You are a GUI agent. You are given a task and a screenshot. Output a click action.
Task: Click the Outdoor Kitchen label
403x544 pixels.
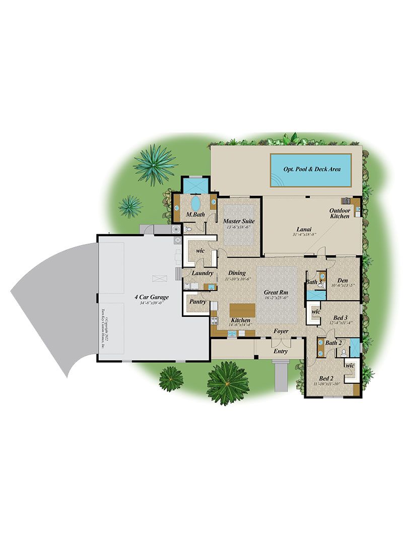click(x=340, y=213)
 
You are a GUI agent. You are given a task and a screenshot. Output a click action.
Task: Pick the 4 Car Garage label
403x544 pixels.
click(x=151, y=297)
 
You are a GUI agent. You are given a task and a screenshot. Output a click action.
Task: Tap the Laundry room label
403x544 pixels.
click(x=203, y=274)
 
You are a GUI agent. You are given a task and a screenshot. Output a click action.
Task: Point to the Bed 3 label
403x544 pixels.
click(x=341, y=318)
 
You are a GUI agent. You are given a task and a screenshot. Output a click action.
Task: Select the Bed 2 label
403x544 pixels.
click(x=326, y=378)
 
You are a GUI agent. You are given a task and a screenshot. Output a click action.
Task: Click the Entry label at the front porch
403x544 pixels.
click(x=281, y=351)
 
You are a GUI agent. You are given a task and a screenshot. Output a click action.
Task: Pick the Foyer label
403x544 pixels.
click(x=281, y=331)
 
